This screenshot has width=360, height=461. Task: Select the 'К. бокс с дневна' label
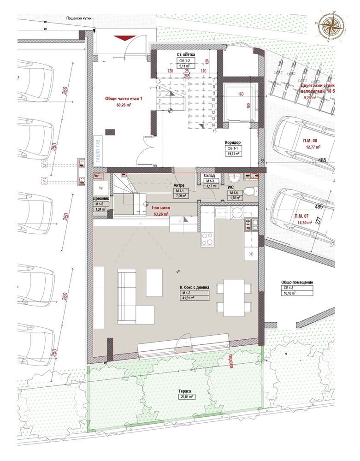click(195, 287)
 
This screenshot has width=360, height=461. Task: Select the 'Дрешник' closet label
click(100, 199)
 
